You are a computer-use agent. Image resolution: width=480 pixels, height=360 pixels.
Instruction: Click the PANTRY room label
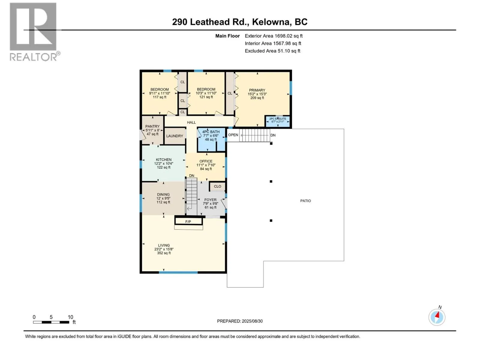click(x=152, y=126)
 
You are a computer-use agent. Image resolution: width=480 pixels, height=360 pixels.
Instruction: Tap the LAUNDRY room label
click(x=175, y=136)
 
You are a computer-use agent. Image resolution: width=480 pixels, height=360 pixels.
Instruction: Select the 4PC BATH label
click(x=211, y=132)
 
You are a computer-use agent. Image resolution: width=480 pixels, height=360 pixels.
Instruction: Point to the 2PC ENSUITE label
click(x=277, y=119)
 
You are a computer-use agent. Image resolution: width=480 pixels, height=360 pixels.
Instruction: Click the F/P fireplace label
click(x=188, y=222)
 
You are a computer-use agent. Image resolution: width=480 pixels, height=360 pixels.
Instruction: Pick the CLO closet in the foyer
click(x=217, y=186)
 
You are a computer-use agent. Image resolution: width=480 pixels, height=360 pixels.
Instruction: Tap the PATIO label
click(x=305, y=201)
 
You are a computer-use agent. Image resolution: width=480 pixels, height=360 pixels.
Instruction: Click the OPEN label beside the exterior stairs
click(x=233, y=135)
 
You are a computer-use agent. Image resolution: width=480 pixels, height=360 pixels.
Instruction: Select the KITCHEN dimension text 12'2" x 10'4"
click(x=163, y=163)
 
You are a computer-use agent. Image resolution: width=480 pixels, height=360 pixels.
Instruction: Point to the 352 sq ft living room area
click(x=164, y=253)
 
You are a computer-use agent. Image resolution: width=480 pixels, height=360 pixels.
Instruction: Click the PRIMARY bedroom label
click(x=257, y=90)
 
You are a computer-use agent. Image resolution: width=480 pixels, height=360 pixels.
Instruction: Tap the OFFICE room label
click(x=206, y=161)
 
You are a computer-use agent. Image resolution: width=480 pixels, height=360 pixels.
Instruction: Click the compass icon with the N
click(x=437, y=317)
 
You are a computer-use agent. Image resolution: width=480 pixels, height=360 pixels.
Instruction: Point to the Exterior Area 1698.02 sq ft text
click(x=274, y=36)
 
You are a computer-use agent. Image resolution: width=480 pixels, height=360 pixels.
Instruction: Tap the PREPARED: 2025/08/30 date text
click(x=240, y=321)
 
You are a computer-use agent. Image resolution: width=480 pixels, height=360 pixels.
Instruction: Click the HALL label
click(x=191, y=123)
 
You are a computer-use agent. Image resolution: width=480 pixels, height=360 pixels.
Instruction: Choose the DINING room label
click(x=163, y=194)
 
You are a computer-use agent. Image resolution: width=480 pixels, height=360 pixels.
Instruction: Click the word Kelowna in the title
click(x=271, y=22)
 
